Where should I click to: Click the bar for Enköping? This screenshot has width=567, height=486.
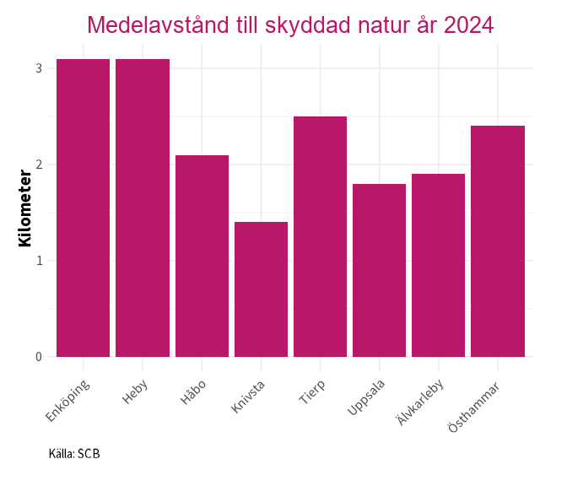84,208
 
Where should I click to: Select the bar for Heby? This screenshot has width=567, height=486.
143,208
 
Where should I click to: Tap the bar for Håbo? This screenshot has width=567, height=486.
202,256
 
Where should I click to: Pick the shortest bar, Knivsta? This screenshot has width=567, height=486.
261,289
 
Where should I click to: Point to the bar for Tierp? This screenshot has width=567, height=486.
320,236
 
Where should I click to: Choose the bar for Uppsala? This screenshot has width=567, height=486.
379,270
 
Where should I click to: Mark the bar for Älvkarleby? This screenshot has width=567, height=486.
438,265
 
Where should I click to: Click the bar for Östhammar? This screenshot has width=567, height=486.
498,241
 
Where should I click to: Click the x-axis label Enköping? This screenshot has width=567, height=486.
69,400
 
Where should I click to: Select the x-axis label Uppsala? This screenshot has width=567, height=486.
366,399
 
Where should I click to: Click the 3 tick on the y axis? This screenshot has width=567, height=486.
39,67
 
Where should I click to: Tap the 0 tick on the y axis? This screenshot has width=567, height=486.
39,357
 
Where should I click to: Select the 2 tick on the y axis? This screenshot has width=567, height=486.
39,164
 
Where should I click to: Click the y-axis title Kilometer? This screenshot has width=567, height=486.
24,208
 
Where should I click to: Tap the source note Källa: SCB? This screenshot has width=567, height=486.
74,454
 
